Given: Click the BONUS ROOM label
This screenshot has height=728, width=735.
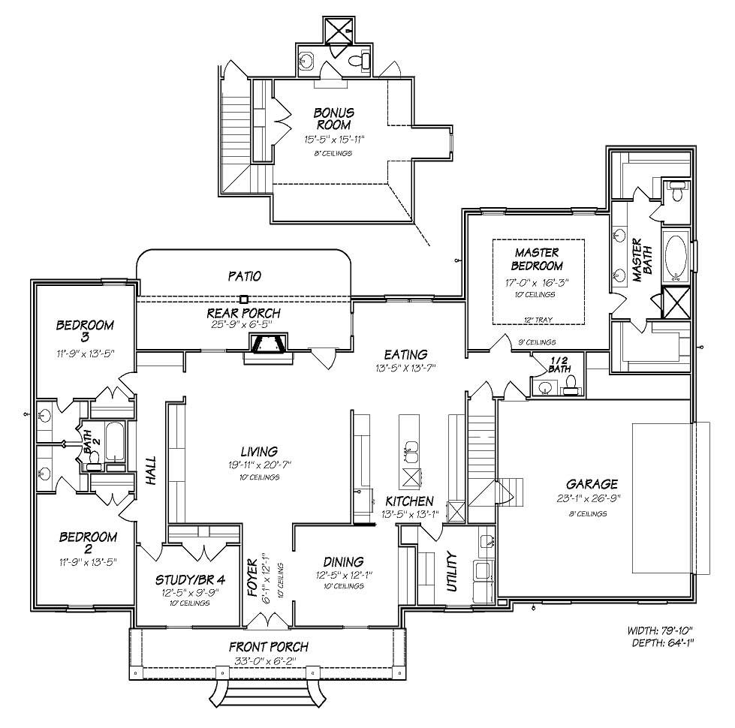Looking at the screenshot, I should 334,119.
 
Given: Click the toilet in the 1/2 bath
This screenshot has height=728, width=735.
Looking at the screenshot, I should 571,385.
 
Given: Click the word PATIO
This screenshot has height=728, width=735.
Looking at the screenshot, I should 245,276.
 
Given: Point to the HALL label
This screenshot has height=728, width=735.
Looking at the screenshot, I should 151,468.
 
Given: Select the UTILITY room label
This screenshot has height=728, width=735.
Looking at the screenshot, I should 451,572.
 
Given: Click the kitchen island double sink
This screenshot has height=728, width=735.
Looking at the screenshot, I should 411,453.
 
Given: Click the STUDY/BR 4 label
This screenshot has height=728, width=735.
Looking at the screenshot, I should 189,579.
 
